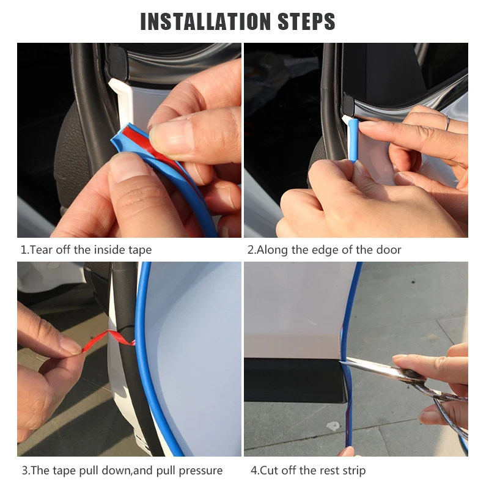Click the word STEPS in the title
click(x=306, y=21)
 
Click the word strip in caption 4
click(x=355, y=471)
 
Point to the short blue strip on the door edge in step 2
click(x=353, y=141)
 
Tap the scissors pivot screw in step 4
click(x=409, y=373)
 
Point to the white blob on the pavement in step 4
click(x=333, y=425)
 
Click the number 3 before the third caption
click(x=24, y=471)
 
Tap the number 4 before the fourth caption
click(x=254, y=471)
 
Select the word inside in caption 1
click(x=109, y=250)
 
